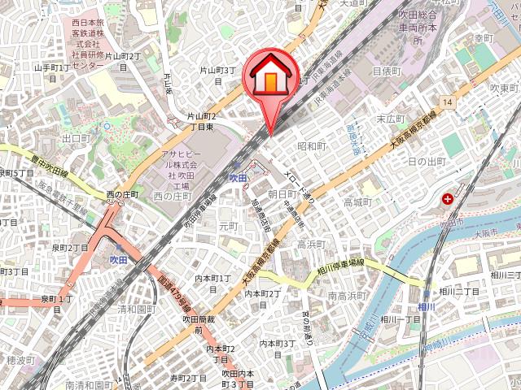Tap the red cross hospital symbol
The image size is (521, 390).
(x=448, y=198)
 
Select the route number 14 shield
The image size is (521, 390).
(x=448, y=102)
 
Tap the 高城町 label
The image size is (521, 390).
(x=357, y=202)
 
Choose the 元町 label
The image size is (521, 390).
(x=229, y=226)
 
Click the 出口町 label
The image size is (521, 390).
(x=76, y=139)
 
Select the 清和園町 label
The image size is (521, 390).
(x=135, y=310)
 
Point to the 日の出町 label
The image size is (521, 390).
(x=427, y=162)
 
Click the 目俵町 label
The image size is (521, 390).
(x=387, y=71)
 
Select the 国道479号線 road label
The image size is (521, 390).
(x=173, y=294)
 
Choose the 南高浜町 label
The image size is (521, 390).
(x=349, y=297)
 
